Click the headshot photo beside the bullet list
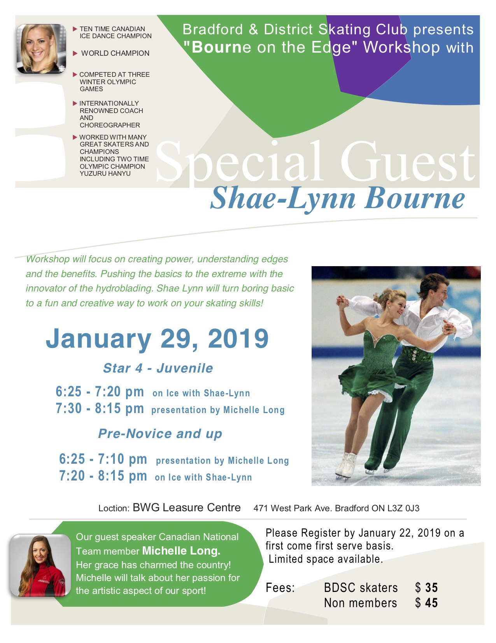click(41, 49)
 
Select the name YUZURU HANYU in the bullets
click(105, 173)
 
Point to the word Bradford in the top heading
click(212, 30)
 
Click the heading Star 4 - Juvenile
click(158, 368)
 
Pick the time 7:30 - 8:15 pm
click(100, 408)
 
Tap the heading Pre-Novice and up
click(160, 433)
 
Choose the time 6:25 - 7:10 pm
click(103, 459)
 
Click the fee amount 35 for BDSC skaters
click(431, 588)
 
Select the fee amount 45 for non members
click(431, 603)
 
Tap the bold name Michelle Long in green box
click(181, 551)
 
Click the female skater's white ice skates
click(346, 466)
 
